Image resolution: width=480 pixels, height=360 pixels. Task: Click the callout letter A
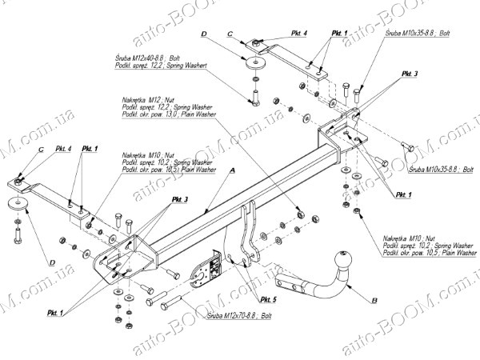coord(232,171)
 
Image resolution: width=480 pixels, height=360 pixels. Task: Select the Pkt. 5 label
coord(269,298)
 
